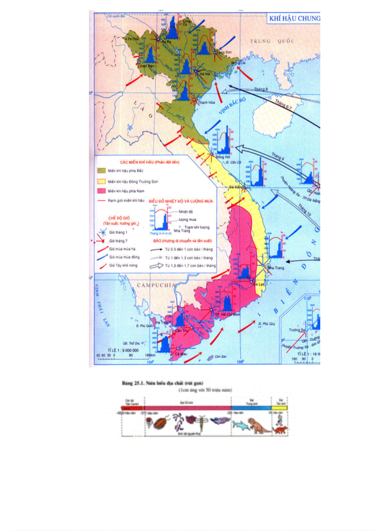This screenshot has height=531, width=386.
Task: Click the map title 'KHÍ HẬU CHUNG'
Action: click(x=294, y=18)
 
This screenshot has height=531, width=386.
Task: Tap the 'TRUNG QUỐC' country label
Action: click(x=272, y=41)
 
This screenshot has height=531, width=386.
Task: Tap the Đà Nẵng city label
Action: click(x=236, y=187)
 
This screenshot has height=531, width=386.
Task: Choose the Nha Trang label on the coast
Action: click(x=275, y=268)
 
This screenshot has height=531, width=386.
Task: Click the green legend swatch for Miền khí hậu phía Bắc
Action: click(x=101, y=170)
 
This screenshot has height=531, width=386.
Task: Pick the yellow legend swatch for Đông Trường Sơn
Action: click(x=101, y=181)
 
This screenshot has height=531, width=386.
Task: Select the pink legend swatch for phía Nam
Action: click(x=101, y=191)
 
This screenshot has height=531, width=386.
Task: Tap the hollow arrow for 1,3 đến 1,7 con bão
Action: click(x=156, y=267)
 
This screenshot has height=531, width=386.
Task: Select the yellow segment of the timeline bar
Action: click(x=279, y=407)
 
